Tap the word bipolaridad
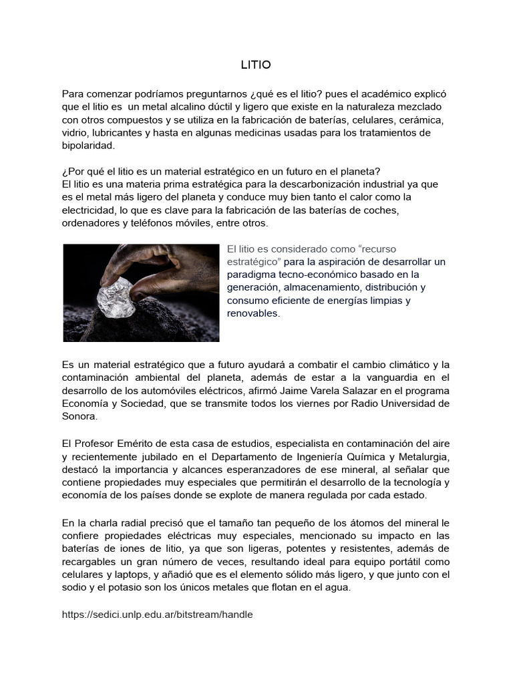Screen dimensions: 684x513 (88, 146)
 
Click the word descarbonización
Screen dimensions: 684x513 (311, 184)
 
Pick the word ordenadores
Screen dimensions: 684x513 (90, 223)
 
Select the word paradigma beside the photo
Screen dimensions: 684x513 (250, 274)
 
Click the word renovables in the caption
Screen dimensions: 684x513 (253, 313)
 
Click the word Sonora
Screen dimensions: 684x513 (79, 415)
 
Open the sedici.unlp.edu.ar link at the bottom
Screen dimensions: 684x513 (157, 615)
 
